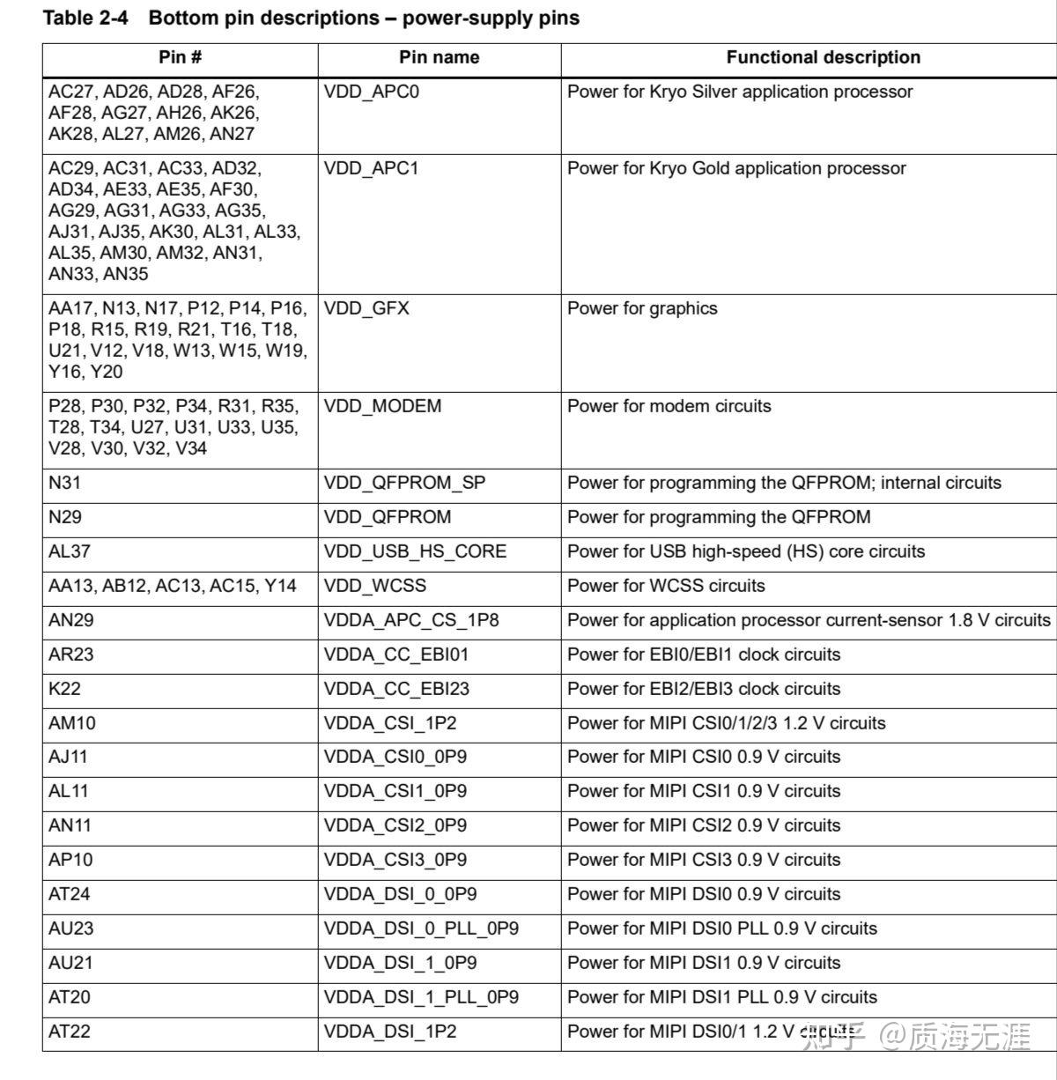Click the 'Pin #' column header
coord(180,58)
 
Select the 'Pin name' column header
coord(439,58)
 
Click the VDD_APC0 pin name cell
coord(372,92)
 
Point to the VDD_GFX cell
coord(366,309)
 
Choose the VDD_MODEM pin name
coord(382,407)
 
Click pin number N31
coord(65,484)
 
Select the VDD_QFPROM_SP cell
coord(404,484)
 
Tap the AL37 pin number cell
coord(70,552)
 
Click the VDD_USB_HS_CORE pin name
coord(415,552)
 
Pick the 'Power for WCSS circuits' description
coord(666,587)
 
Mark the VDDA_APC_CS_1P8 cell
coord(411,621)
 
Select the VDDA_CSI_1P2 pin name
coord(390,724)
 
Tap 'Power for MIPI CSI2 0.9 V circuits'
coord(704,826)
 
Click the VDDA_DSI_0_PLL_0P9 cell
coord(421,929)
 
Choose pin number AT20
coord(70,998)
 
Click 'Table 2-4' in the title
coord(85,18)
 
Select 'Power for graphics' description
coord(642,309)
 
